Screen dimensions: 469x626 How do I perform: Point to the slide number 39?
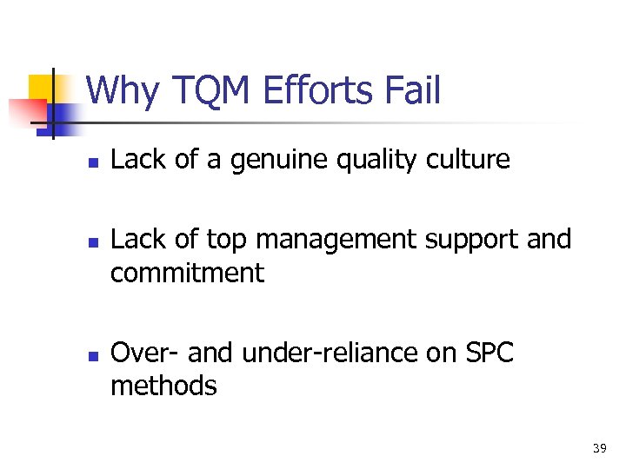pyautogui.click(x=599, y=448)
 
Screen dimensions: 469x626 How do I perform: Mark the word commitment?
pyautogui.click(x=187, y=273)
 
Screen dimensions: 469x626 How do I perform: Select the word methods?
pyautogui.click(x=163, y=385)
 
